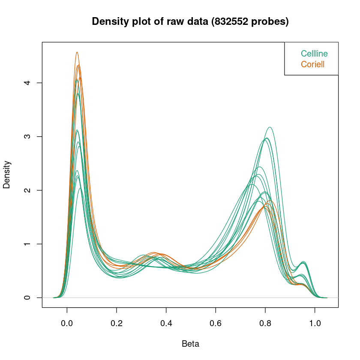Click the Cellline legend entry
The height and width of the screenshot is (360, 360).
click(x=314, y=54)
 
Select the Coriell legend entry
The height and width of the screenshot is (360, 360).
click(x=312, y=65)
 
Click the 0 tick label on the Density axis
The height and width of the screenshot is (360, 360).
click(x=28, y=297)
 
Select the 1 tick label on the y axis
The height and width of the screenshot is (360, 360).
click(x=28, y=244)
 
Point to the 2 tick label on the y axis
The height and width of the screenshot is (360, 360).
click(x=28, y=190)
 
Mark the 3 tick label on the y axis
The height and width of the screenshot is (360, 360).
click(x=28, y=136)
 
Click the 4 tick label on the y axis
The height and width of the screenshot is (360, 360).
click(x=28, y=83)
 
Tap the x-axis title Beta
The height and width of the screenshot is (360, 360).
click(x=190, y=344)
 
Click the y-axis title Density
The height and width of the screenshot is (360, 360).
click(x=7, y=174)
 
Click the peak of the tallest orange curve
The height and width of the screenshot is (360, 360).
click(x=77, y=52)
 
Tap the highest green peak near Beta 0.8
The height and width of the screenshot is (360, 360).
click(x=270, y=127)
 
